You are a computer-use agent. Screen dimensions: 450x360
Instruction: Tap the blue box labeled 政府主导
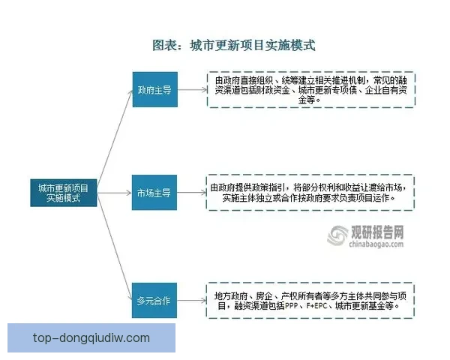coord(155,91)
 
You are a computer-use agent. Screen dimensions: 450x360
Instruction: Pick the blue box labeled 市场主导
coord(155,193)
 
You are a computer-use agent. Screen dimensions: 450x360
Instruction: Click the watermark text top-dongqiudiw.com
coord(91,337)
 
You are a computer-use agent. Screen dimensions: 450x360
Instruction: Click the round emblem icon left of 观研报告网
coord(336,235)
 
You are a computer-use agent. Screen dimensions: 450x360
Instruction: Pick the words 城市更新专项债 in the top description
coord(322,90)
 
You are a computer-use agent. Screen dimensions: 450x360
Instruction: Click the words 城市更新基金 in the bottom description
coord(370,306)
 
